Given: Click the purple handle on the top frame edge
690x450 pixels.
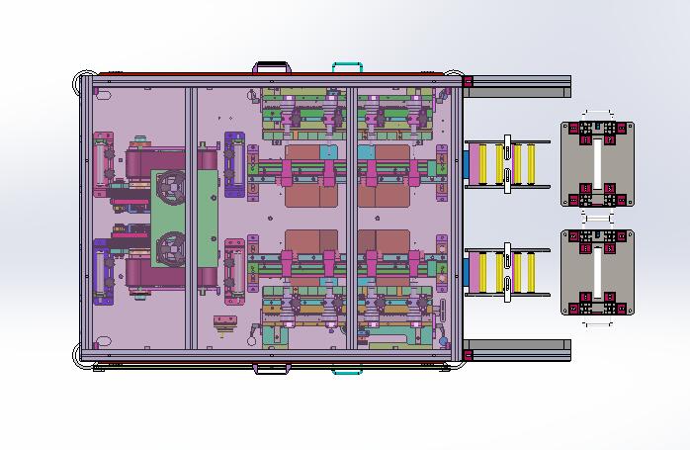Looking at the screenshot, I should point(271,66).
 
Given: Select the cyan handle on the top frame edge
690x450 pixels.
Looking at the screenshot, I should point(347,66).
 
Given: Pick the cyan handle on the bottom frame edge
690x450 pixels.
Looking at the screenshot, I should point(347,371).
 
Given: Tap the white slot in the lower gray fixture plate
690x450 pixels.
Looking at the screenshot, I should point(597,272).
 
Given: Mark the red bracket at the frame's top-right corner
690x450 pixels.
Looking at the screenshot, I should point(468,81).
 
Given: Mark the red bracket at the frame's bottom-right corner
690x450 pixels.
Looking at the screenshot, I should point(468,354).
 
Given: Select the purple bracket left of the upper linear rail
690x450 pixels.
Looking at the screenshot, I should point(233,159).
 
